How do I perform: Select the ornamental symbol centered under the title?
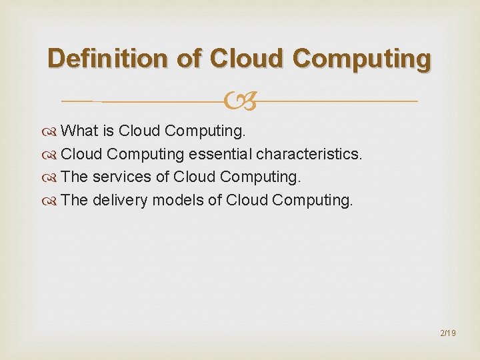pos(239,102)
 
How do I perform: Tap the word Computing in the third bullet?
pos(259,177)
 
